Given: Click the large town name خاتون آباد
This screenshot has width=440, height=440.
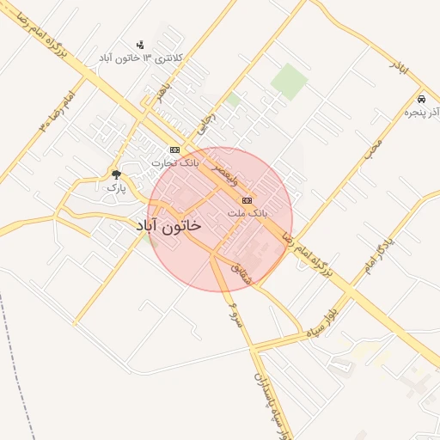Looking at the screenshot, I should tap(168, 225).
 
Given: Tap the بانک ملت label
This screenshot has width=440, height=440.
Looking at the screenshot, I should tap(248, 211).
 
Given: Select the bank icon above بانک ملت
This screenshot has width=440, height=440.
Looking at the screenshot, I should tap(247, 199).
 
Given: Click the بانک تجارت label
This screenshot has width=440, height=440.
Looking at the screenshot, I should tap(175, 162).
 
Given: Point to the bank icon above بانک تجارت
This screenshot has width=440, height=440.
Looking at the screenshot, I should tap(174, 150).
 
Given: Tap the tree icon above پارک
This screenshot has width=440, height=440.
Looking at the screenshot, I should tap(116, 174).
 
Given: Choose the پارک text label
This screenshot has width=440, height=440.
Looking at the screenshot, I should tap(116, 186).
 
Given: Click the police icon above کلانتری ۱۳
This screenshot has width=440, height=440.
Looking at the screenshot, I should tap(140, 45).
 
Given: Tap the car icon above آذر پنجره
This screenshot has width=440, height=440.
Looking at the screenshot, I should tap(421, 99).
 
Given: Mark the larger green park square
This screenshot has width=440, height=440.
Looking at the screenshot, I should tap(289, 80).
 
